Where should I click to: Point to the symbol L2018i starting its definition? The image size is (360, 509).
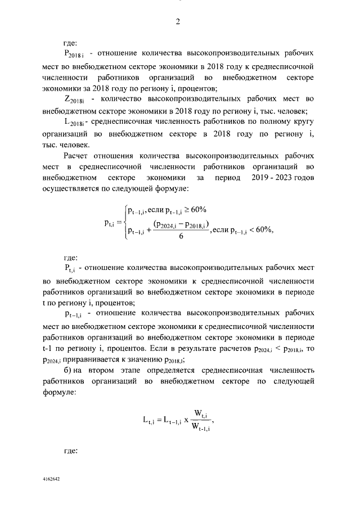74,122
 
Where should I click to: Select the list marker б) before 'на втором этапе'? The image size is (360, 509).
69,372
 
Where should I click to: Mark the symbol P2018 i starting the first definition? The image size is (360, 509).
74,55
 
